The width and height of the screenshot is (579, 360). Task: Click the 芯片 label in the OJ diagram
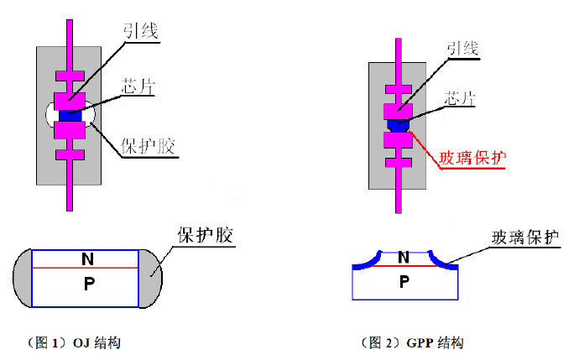point(139,86)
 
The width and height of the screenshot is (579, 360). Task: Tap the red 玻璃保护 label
point(475,157)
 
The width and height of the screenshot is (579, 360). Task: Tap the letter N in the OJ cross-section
point(87,259)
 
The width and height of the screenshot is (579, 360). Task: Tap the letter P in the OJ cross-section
point(87,284)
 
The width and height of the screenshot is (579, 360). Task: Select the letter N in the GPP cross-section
point(404,258)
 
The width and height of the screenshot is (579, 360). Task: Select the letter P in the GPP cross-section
point(404,282)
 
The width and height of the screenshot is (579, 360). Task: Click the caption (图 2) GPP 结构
point(412,342)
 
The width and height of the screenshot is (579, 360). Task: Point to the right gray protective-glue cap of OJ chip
point(151,276)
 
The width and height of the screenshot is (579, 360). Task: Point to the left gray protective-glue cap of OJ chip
point(23,277)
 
